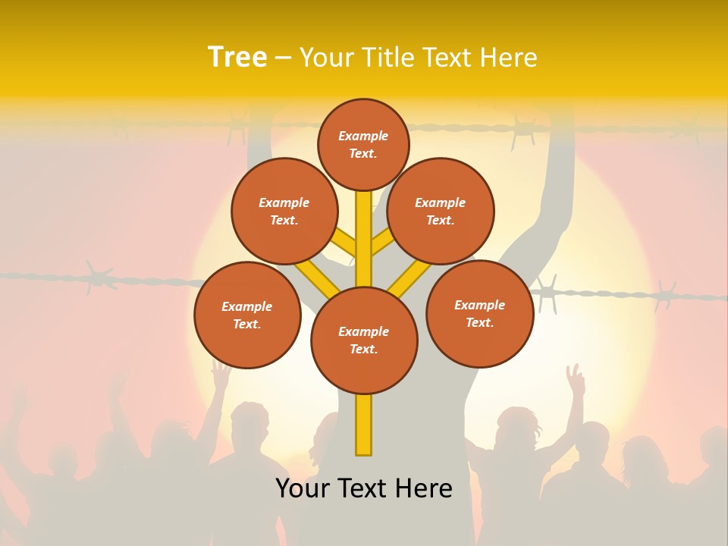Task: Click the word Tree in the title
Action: coord(237,58)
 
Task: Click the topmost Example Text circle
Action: coord(363,144)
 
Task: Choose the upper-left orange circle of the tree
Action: coord(284,211)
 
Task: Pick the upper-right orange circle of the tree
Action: coord(441,211)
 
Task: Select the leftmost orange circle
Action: coord(247,315)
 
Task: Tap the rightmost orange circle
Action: coord(480,313)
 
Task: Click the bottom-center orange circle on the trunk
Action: coord(364,340)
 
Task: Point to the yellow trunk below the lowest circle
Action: coord(364,425)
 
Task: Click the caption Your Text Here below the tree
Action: coord(364,488)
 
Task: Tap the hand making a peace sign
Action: coord(576,379)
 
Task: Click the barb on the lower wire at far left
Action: coord(99,276)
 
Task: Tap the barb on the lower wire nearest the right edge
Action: coord(666,294)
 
